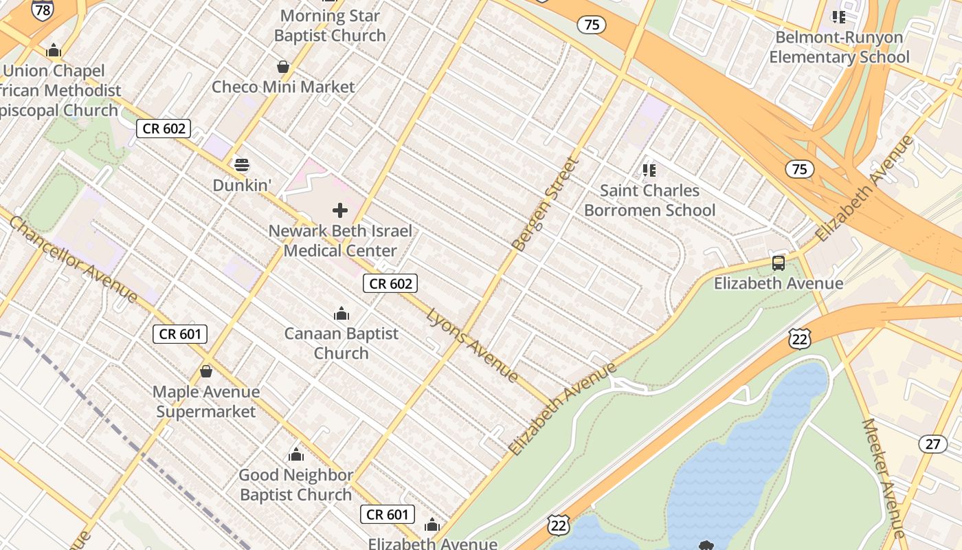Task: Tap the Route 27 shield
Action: pos(932,443)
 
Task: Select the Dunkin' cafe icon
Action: pos(242,165)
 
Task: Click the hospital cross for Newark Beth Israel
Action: pos(340,210)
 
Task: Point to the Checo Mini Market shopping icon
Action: pos(282,67)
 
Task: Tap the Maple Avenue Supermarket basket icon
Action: pos(205,372)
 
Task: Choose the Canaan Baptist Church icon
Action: pos(342,314)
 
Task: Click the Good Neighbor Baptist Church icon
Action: pos(296,454)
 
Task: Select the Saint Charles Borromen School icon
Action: pos(649,170)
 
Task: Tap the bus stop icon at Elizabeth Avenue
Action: pos(778,263)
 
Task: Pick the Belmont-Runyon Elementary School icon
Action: pos(838,16)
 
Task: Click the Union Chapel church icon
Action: pos(54,50)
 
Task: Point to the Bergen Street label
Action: pos(546,204)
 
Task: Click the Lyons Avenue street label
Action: pos(473,345)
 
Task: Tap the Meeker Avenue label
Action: pos(884,478)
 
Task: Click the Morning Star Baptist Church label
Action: pos(330,25)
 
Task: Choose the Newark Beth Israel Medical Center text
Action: pos(340,241)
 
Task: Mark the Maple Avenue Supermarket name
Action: pos(205,401)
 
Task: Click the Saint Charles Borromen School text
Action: pos(649,200)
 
